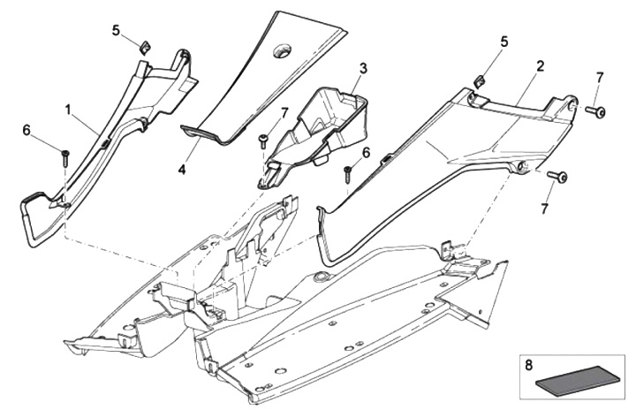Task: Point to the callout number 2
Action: coord(540,66)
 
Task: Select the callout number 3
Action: coord(363,67)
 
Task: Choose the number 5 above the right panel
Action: coord(504,42)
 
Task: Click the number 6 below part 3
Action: coord(366,153)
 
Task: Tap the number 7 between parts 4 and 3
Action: coord(284,112)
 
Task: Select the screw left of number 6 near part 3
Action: coord(348,174)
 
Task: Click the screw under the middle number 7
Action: coord(263,138)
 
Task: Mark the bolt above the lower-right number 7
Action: coord(558,178)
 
